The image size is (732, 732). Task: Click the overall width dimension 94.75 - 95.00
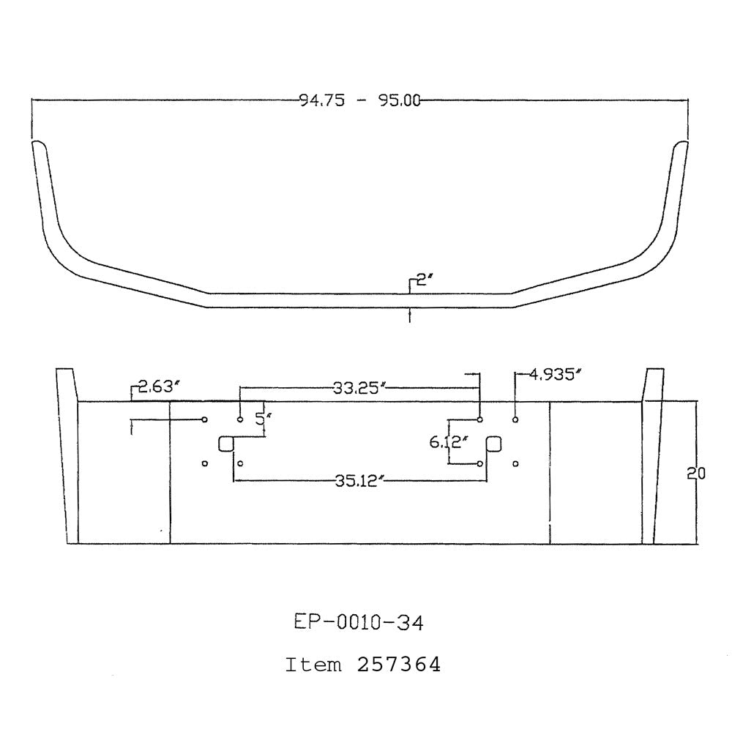point(359,101)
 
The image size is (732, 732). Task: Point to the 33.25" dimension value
point(359,389)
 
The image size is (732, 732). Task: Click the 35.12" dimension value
point(359,481)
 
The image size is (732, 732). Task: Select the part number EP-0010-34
point(359,623)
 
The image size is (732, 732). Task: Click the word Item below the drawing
point(313,665)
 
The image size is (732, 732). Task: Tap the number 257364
point(398,665)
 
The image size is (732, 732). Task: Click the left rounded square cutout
point(226,444)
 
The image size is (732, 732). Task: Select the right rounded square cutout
point(494,444)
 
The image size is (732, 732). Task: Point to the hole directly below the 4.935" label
point(516,419)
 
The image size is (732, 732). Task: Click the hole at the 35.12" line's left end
point(240,464)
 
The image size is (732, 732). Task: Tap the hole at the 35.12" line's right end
point(479,464)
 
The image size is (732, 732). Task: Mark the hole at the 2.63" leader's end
point(205,419)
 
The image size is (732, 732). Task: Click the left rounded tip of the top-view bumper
point(38,146)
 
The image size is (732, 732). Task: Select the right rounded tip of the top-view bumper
point(681,146)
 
